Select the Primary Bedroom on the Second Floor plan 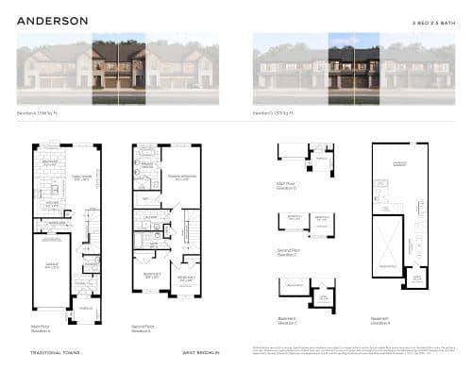(179, 180)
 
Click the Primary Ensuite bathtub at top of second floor (146, 151)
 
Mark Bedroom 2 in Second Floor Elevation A (151, 276)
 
